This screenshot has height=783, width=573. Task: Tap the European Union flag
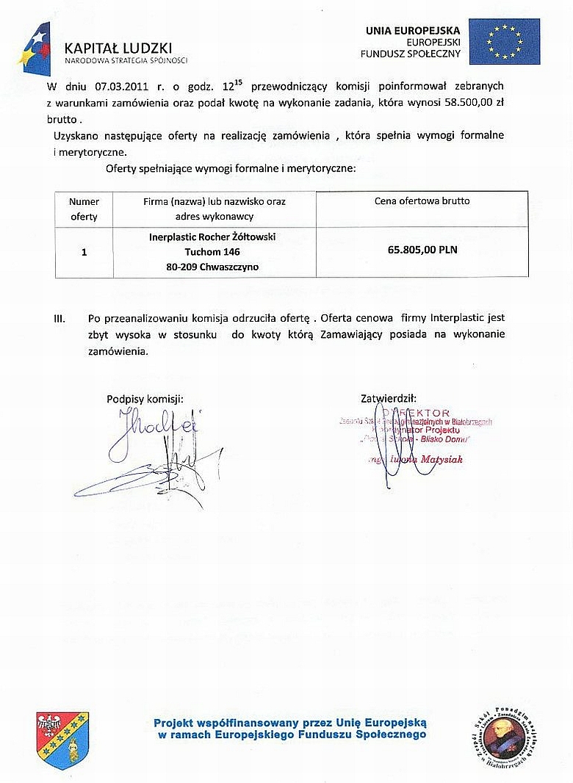(504, 41)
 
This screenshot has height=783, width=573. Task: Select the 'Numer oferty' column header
(84, 209)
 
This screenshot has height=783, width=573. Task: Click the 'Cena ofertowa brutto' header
(422, 201)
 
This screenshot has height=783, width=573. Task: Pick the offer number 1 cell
(84, 252)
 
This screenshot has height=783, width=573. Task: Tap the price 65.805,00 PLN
(422, 250)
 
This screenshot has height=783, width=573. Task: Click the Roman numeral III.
(61, 319)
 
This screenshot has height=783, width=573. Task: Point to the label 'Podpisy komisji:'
(145, 399)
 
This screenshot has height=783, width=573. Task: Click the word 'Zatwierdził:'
(389, 399)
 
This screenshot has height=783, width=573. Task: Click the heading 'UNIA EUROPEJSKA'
(413, 31)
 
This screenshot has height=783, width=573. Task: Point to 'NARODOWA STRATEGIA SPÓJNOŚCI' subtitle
(126, 59)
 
